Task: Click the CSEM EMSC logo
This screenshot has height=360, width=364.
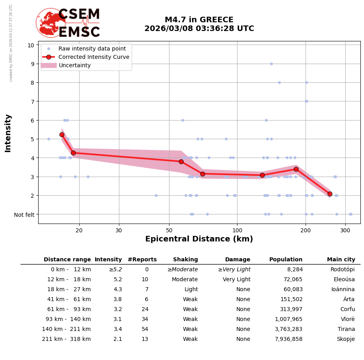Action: point(68,23)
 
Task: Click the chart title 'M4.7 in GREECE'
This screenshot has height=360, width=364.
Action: point(199,20)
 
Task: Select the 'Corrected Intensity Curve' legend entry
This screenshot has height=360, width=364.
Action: point(93,57)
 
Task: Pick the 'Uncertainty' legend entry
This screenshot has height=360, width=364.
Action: point(74,65)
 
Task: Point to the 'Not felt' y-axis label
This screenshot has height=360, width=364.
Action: point(24,215)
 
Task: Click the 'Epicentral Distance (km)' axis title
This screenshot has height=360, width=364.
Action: point(199,239)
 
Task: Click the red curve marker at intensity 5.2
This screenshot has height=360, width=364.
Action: point(62,134)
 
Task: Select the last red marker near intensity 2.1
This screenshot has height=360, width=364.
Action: point(330,194)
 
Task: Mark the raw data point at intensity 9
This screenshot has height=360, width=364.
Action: point(271,64)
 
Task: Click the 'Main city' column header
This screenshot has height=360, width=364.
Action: point(341,260)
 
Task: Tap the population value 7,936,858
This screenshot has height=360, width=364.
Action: point(288,339)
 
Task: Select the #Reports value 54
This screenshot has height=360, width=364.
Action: point(145,329)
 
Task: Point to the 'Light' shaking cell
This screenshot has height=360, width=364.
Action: point(191,290)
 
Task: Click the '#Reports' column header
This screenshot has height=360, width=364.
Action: point(142,260)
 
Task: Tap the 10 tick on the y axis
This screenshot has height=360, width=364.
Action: point(31,45)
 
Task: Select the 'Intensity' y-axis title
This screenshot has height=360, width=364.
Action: point(8,133)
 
